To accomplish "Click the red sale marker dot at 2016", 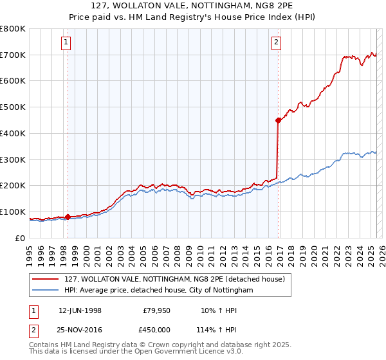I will point(278,120).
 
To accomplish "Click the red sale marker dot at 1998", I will point(68,217).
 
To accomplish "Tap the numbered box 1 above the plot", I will point(67,43).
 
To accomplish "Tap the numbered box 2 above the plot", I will point(276,43).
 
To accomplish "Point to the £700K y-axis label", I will point(13,55).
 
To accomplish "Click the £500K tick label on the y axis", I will point(13,107).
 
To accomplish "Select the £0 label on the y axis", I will point(21,238).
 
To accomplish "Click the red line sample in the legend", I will point(45,279).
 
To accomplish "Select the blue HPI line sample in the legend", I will point(45,291).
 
